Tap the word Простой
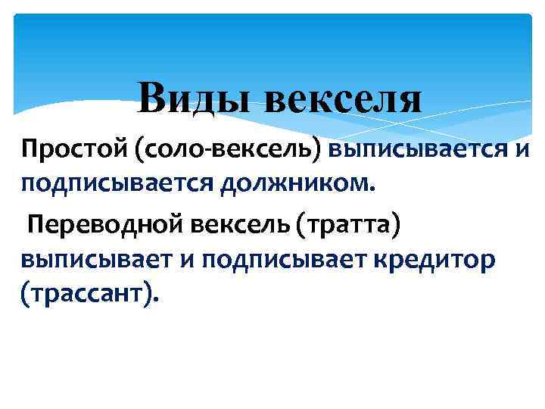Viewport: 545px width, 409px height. (73, 148)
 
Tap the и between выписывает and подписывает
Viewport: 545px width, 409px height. (188, 260)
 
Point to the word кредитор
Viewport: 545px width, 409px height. (442, 259)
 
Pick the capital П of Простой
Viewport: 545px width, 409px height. (30, 147)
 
